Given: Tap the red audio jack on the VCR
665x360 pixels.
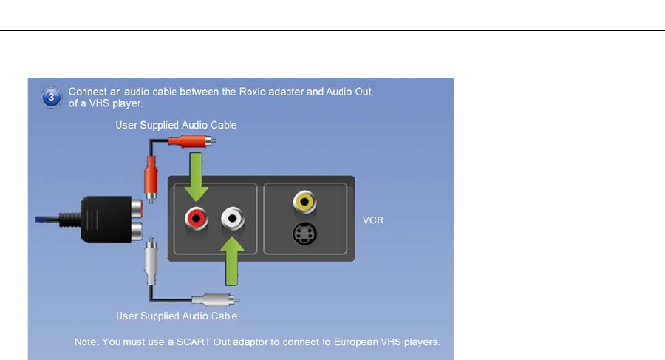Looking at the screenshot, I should (x=195, y=219).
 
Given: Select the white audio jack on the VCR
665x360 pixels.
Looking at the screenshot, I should (x=233, y=219).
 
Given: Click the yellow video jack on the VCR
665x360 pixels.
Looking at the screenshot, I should (x=304, y=200).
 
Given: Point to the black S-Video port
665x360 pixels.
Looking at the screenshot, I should (x=304, y=235).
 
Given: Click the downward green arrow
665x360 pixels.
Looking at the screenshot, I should (x=196, y=176).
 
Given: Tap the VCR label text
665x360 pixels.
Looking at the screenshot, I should (x=373, y=220).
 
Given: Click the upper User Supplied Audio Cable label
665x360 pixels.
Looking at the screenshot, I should (x=176, y=125).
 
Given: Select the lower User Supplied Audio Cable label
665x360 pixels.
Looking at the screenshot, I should (x=176, y=316).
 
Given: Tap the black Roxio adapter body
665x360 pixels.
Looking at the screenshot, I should (x=108, y=219).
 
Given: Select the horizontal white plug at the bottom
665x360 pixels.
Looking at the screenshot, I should (x=214, y=300).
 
